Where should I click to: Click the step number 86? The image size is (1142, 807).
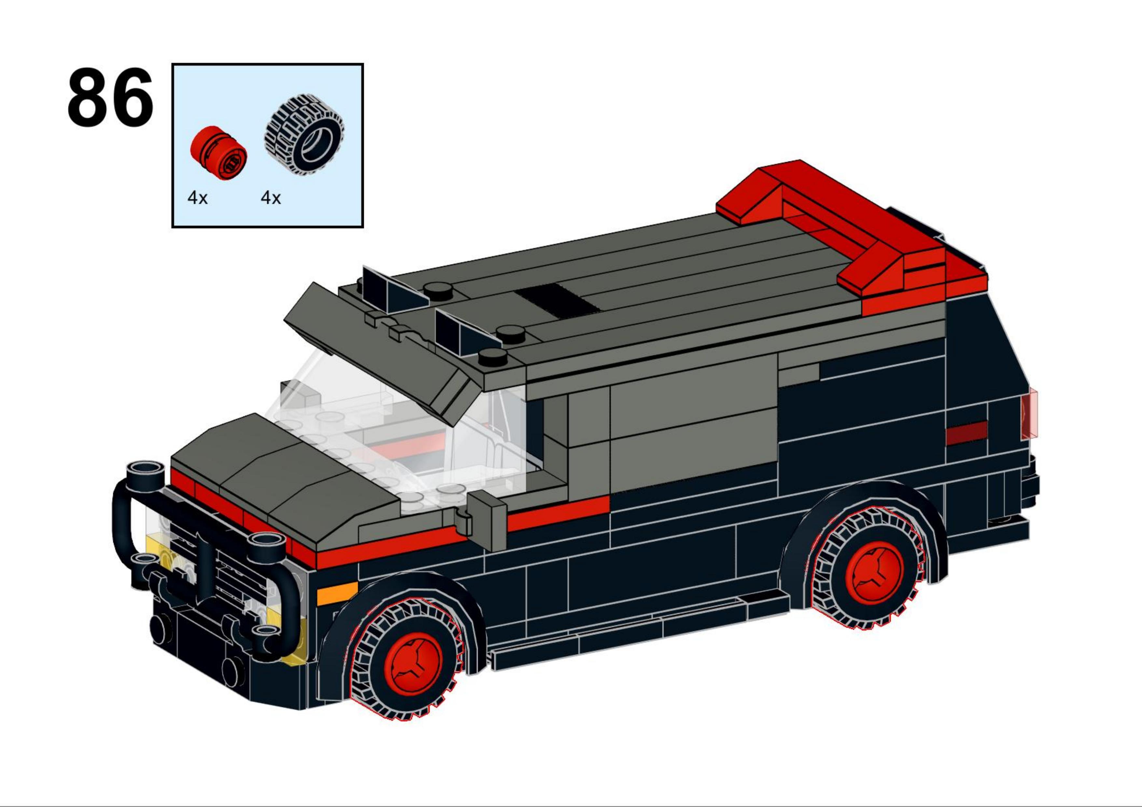[110, 97]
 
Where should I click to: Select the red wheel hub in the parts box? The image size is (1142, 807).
[218, 153]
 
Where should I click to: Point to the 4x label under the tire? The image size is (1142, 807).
[270, 198]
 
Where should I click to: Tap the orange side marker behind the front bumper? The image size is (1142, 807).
[337, 593]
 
